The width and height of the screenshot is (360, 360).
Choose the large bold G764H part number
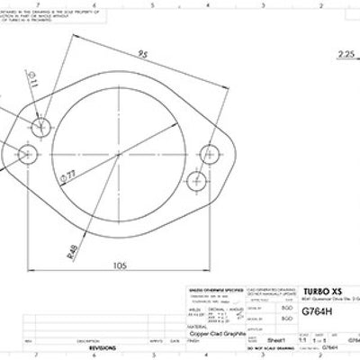(316, 314)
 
